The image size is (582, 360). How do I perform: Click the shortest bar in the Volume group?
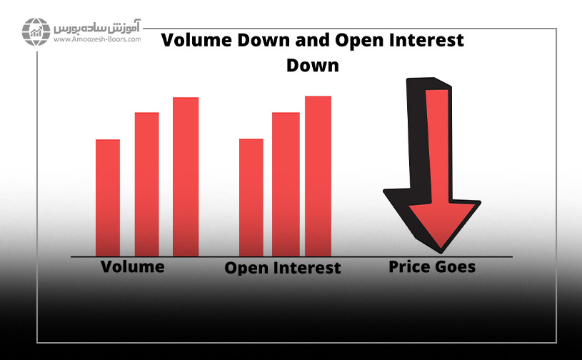tap(108, 198)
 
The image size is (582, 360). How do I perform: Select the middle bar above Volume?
tap(146, 184)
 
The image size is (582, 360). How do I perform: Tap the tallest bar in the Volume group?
tap(186, 176)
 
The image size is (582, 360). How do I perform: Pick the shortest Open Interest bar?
tap(251, 197)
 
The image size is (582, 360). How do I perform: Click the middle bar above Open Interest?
tap(286, 184)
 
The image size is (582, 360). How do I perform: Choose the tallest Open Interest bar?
tap(318, 176)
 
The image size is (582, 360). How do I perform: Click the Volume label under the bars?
tap(133, 267)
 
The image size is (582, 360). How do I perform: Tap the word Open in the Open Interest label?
tap(246, 269)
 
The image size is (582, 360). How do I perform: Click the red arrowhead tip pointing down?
tap(441, 248)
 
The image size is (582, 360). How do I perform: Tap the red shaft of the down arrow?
tap(438, 147)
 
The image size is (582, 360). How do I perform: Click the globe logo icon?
tap(36, 31)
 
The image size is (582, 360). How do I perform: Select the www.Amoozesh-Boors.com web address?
tap(97, 39)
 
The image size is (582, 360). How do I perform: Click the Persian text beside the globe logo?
tap(97, 26)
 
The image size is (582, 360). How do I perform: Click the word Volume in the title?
tap(196, 40)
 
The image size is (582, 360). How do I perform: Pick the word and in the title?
tap(312, 40)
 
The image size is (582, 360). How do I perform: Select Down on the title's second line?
tap(313, 65)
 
